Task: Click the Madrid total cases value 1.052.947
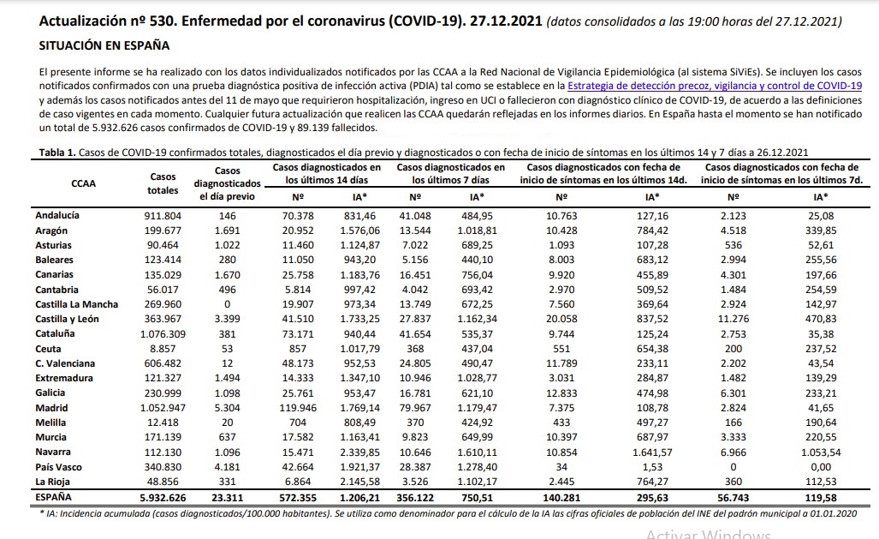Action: click(x=163, y=408)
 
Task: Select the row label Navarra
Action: click(x=53, y=452)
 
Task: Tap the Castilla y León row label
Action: click(x=67, y=319)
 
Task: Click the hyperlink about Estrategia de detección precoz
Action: click(x=714, y=86)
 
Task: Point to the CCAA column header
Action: click(x=84, y=183)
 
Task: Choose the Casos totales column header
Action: click(x=163, y=183)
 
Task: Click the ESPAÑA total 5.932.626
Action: click(x=163, y=498)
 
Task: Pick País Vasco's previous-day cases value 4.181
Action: click(x=227, y=467)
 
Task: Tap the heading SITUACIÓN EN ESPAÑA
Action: click(x=104, y=45)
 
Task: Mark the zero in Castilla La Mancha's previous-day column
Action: click(x=227, y=304)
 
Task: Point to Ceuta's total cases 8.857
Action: click(x=163, y=349)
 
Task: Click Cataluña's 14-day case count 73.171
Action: click(x=298, y=334)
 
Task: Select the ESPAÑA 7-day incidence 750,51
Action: click(x=477, y=498)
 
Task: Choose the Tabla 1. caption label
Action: click(x=57, y=153)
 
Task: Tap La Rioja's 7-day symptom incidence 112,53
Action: click(x=821, y=482)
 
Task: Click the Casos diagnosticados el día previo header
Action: click(x=227, y=183)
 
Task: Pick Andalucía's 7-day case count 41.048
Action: click(x=415, y=216)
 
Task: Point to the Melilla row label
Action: click(x=50, y=422)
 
